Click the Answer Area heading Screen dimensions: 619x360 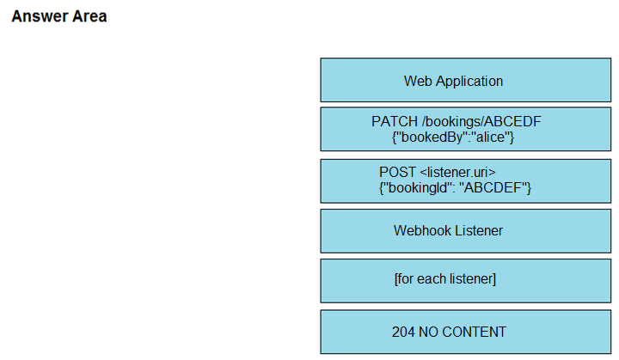pos(59,16)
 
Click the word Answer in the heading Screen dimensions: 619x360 pos(34,16)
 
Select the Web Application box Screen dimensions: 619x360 pos(466,80)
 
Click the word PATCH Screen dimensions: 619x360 pos(395,121)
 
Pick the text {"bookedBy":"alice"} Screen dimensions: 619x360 pos(453,137)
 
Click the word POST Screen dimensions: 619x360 pos(397,172)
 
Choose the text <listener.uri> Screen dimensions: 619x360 pos(457,172)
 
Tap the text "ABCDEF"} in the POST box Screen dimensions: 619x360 pos(495,187)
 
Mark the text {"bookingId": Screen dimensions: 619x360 pos(417,188)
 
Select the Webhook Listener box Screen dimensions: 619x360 pos(466,231)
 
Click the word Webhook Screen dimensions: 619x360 pos(420,230)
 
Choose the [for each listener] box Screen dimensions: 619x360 pos(466,281)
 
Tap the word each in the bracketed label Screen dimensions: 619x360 pos(432,279)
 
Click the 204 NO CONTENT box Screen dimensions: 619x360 pos(466,332)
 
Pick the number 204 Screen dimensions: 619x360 pos(403,332)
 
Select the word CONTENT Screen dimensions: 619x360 pos(474,332)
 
